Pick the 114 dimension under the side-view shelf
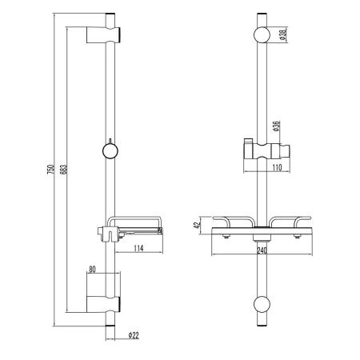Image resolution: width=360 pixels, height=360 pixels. [x=138, y=248]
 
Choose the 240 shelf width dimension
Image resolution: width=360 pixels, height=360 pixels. [x=262, y=249]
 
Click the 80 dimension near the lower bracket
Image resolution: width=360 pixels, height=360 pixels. [x=94, y=269]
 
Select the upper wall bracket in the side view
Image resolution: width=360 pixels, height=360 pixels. [x=105, y=35]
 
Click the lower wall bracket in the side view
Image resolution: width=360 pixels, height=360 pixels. [x=105, y=294]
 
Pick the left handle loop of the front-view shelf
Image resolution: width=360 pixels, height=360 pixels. [x=232, y=222]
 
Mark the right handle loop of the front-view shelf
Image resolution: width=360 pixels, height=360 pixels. [x=290, y=222]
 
